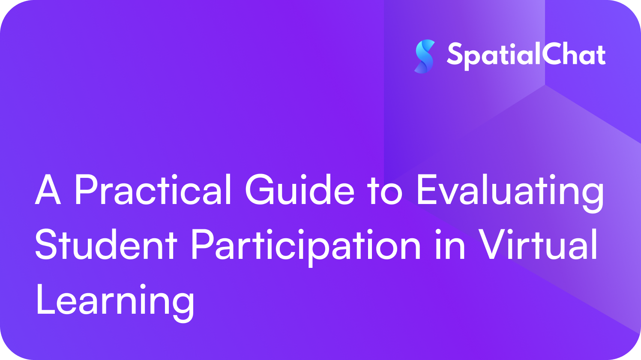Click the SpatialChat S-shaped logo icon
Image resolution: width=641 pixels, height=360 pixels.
pos(425,56)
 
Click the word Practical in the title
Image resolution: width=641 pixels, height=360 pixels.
pos(153,190)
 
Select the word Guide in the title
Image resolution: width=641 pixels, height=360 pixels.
pos(300,190)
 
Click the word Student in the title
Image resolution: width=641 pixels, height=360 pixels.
pos(106,245)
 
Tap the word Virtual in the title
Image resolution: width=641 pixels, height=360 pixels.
pos(538,245)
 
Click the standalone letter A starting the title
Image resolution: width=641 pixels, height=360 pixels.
pos(48,190)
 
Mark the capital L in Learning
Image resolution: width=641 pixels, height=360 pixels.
pos(45,300)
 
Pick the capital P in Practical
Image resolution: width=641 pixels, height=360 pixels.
pos(86,190)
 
